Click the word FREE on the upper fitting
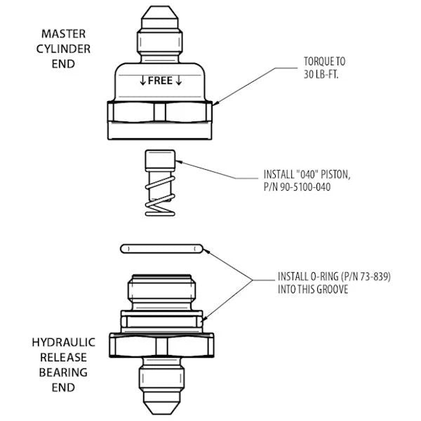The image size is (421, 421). tap(160, 81)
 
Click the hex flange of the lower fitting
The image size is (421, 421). tap(162, 343)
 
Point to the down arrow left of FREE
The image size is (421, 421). tap(143, 81)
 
